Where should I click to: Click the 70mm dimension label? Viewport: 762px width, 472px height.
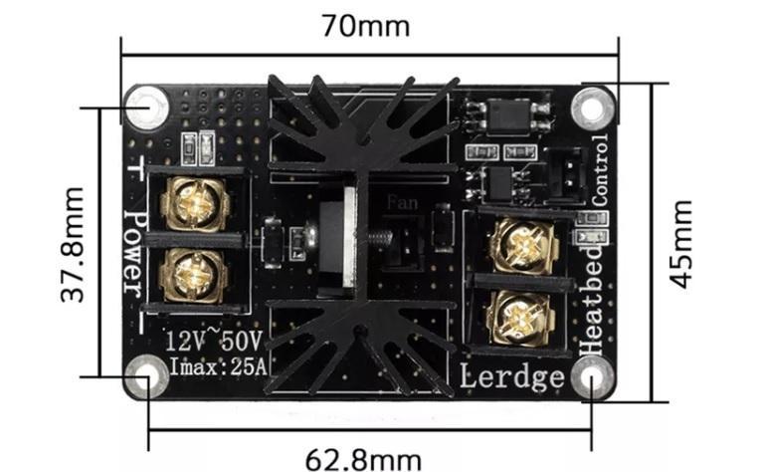pyautogui.click(x=365, y=25)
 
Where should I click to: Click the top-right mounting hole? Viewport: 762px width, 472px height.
pyautogui.click(x=595, y=105)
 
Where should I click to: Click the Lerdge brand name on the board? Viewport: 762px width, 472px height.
pyautogui.click(x=512, y=376)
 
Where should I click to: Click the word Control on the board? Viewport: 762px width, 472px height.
pyautogui.click(x=599, y=169)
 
